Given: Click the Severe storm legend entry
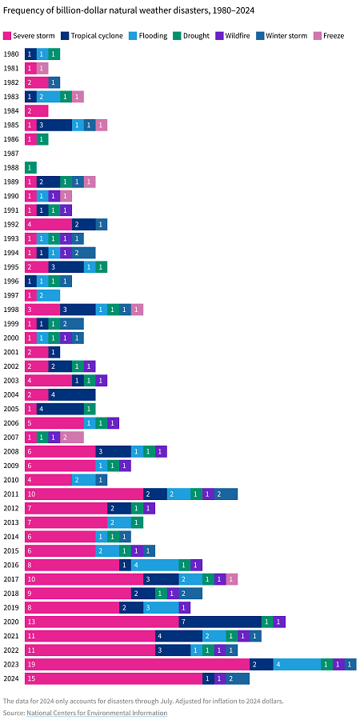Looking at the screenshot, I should coord(31,36).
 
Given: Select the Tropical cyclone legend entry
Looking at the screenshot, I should coord(92,36).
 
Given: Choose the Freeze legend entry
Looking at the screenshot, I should coord(328,36).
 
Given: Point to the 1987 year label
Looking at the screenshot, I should coord(11,153).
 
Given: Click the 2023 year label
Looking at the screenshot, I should coord(11,664).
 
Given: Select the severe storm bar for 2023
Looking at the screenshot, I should coord(137,664).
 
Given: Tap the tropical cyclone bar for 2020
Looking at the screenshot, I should coord(219,622).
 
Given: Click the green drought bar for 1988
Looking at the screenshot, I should coord(30,167).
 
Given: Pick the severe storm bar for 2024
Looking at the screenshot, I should coord(113,678).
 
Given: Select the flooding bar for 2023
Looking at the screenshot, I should coord(296,664).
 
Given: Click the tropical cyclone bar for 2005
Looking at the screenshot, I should coord(60,409).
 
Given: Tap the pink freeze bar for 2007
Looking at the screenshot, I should coord(72,437).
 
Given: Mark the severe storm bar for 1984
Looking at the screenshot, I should coord(37,110).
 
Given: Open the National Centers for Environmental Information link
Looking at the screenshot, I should coord(97,712).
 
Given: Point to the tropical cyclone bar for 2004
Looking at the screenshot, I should coord(72,394).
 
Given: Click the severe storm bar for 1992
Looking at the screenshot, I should coord(48,224).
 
